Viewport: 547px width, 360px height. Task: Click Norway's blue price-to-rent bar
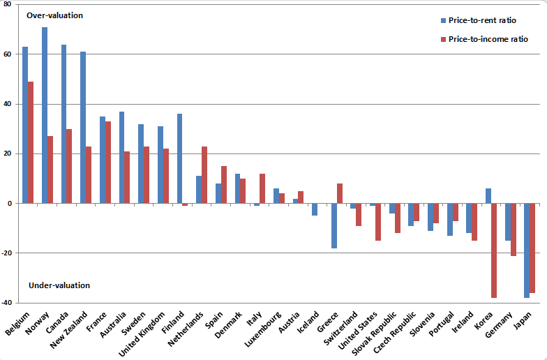pos(45,115)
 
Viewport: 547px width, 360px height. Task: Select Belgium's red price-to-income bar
pos(31,142)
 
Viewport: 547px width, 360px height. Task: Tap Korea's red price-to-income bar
pos(494,250)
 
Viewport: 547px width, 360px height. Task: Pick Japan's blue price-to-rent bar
pos(527,250)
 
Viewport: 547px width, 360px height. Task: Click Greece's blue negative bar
pos(334,226)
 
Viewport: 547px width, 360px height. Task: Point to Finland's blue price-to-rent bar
pos(179,158)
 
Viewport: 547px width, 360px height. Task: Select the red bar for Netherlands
pos(204,174)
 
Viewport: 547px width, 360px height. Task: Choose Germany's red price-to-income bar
pos(514,230)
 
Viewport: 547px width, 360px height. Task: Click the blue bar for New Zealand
pos(83,127)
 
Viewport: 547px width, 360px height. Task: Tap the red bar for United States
pos(378,222)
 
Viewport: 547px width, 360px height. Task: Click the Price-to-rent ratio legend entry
pos(479,20)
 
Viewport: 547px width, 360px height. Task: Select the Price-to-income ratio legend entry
pos(484,39)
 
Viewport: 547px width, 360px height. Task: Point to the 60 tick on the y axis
pos(7,54)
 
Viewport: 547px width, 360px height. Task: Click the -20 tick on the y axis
pos(6,253)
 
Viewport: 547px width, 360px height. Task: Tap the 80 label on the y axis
pos(7,4)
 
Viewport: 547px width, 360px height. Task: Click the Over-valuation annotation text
pos(54,15)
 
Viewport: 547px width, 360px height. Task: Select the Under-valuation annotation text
pos(59,285)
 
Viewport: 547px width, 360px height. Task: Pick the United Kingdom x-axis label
pos(142,334)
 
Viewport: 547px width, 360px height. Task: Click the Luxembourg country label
pos(263,329)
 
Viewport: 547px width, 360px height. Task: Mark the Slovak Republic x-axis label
pos(374,333)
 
